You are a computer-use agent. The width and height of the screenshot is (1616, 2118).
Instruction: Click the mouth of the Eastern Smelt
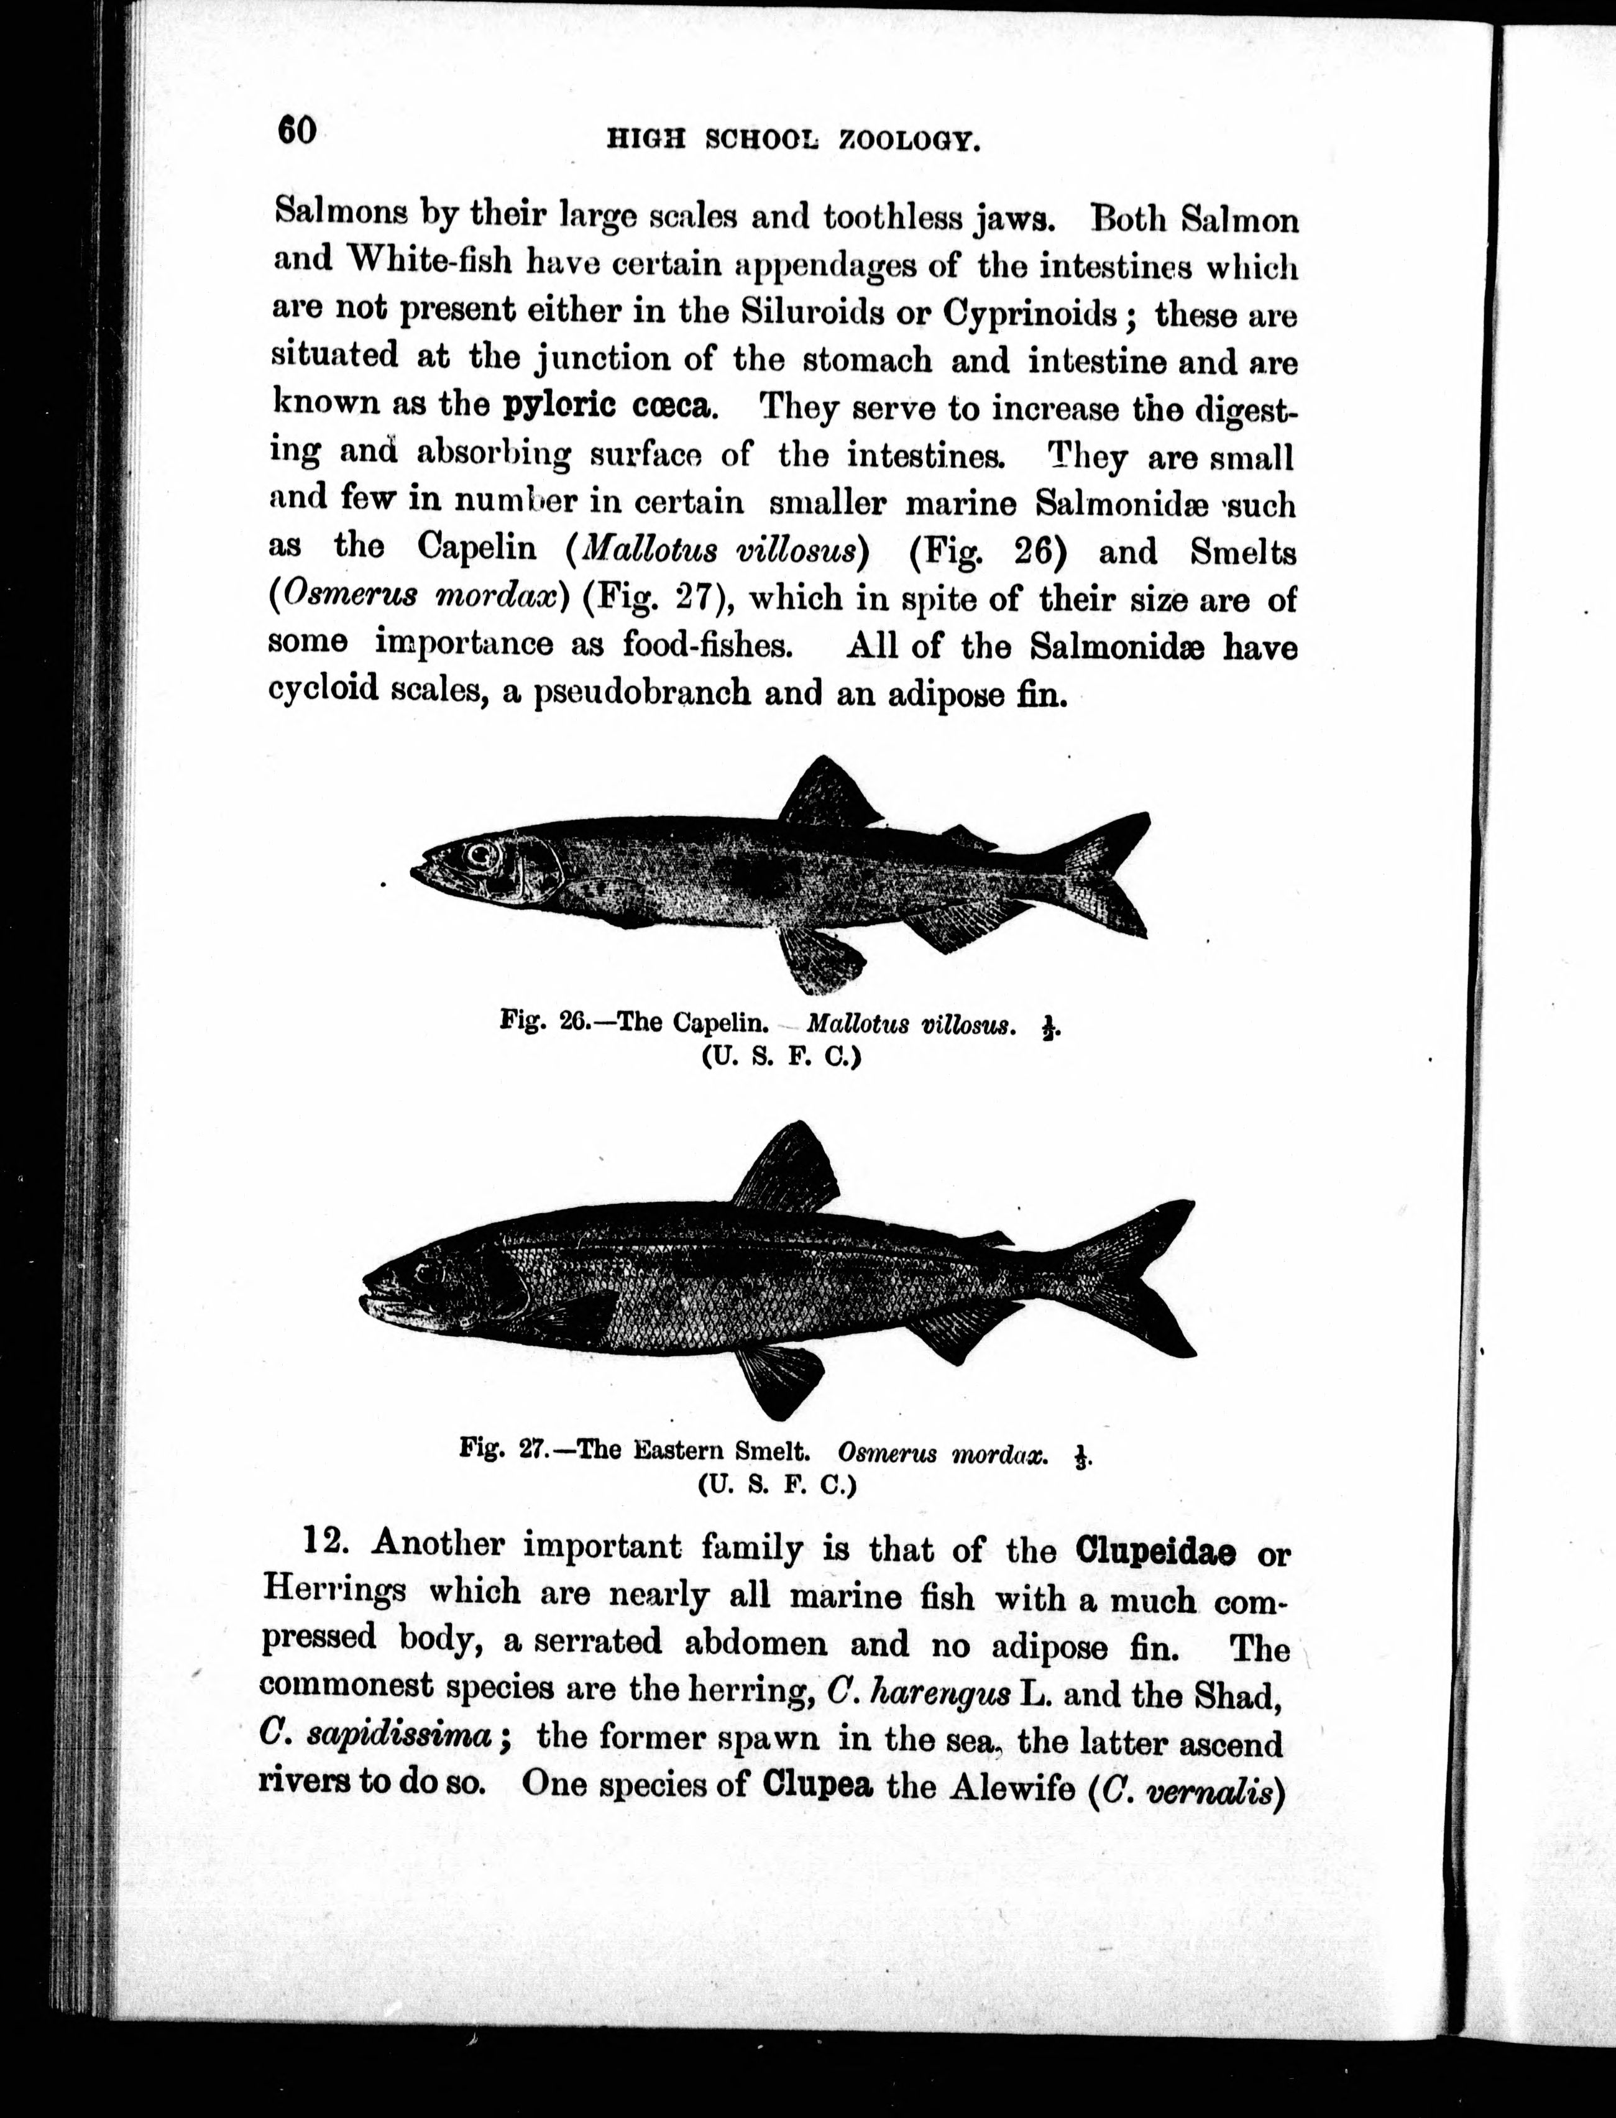point(380,1300)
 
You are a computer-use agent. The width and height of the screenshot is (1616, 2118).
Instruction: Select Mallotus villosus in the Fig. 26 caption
point(909,1024)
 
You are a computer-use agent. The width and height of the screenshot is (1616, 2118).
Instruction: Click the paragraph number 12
point(324,1542)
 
